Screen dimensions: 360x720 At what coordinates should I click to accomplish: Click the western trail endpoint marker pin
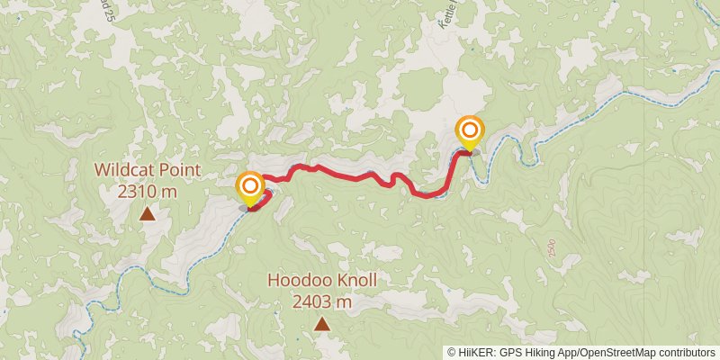(249, 188)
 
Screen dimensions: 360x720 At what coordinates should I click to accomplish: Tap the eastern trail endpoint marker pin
(469, 132)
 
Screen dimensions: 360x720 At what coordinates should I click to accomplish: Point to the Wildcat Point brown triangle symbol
(147, 213)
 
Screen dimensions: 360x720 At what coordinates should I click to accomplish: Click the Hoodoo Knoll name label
(321, 281)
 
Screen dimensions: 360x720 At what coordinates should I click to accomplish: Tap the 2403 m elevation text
(321, 301)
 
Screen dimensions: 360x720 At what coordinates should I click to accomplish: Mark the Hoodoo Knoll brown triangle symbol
(321, 324)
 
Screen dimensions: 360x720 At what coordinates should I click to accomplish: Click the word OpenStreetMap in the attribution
(616, 352)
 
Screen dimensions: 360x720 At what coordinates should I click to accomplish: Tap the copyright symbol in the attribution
(452, 352)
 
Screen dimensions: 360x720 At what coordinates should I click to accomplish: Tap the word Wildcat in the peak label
(123, 171)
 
